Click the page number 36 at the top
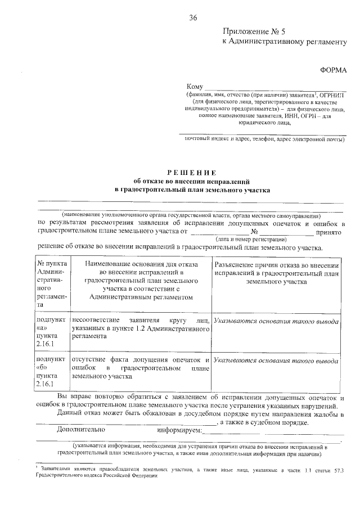[x=193, y=18]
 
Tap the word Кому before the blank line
[x=195, y=87]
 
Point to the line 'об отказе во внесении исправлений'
[x=191, y=181]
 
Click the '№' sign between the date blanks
[x=254, y=232]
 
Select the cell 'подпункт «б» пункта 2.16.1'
[x=52, y=371]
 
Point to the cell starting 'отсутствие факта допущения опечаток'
[x=141, y=367]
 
